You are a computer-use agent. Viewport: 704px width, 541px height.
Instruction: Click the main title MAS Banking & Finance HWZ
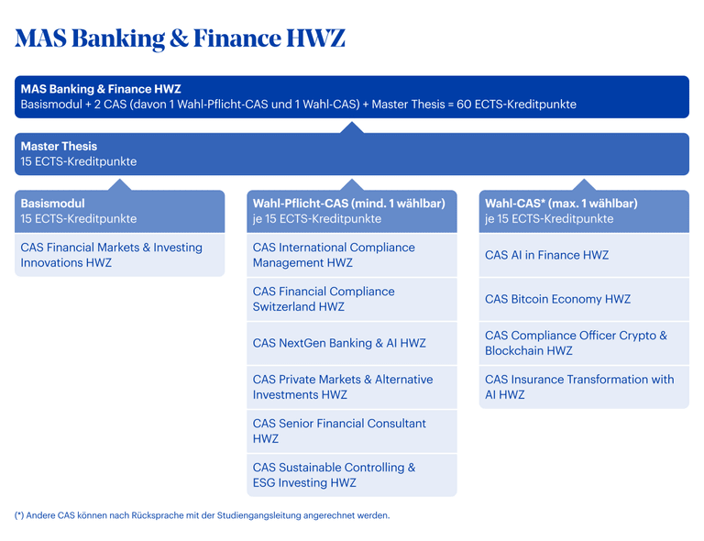tap(180, 39)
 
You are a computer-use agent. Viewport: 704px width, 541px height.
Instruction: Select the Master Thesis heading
tap(59, 147)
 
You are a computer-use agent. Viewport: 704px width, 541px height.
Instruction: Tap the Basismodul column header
tap(52, 204)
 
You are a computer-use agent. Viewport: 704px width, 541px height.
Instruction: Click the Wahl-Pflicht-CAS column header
tap(348, 204)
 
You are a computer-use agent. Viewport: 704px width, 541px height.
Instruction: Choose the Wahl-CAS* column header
tap(561, 204)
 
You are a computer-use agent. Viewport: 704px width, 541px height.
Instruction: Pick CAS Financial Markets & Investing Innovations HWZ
tap(112, 255)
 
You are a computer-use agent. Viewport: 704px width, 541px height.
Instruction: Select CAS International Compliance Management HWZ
tap(334, 255)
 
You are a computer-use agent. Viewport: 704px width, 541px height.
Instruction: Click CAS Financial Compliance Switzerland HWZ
tap(324, 299)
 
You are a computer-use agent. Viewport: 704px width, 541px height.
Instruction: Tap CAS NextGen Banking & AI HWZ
tap(339, 343)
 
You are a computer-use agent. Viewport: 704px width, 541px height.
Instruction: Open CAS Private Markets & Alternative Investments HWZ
tap(343, 387)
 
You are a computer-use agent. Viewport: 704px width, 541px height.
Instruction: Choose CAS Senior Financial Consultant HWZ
tap(339, 431)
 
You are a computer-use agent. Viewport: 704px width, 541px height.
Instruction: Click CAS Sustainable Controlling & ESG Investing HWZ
tap(334, 475)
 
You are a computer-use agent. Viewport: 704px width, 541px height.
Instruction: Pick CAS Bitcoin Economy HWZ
tap(557, 299)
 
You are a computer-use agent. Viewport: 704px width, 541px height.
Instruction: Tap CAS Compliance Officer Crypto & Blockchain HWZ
tap(576, 343)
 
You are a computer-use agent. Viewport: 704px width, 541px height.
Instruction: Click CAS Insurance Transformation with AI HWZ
tap(579, 387)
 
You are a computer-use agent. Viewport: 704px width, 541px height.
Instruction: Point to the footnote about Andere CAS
tap(202, 515)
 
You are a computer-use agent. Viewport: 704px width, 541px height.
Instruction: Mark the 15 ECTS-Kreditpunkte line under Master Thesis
tap(79, 161)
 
